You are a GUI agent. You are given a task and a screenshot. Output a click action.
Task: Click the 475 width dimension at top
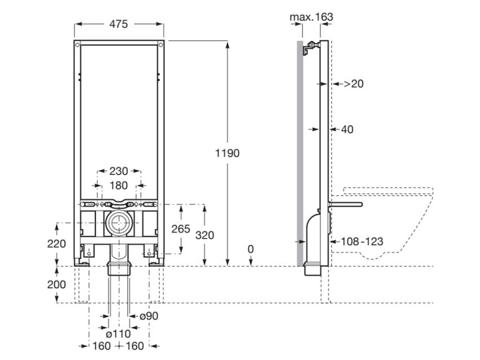(x=119, y=24)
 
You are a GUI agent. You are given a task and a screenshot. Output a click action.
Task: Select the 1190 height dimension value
(x=228, y=153)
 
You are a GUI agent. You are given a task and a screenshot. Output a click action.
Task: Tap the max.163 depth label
(x=311, y=17)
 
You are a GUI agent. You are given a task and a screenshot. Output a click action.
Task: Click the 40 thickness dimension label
(x=347, y=129)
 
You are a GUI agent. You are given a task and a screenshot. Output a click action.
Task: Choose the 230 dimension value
(x=119, y=171)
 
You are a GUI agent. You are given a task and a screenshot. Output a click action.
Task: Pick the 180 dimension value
(x=119, y=185)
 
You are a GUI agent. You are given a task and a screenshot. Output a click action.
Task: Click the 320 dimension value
(x=204, y=235)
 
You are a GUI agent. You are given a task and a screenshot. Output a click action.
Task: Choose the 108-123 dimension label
(x=362, y=241)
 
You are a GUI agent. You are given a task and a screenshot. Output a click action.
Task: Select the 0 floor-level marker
(x=251, y=249)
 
